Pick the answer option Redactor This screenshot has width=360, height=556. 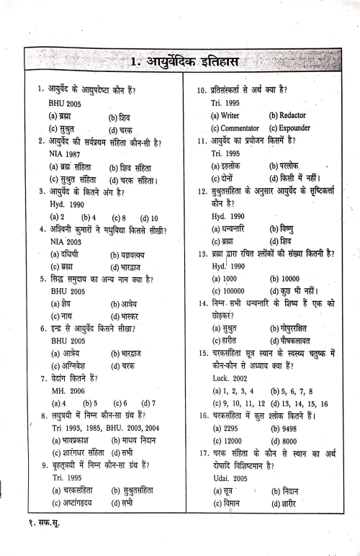(287, 115)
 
